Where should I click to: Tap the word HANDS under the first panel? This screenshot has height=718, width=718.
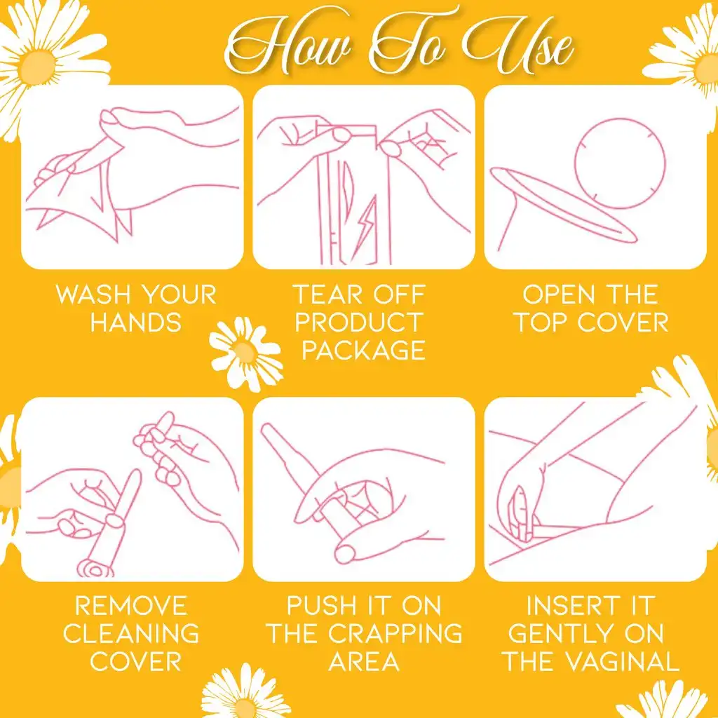[136, 323]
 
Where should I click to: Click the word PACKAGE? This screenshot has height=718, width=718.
[364, 351]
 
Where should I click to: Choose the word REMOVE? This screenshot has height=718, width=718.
[131, 606]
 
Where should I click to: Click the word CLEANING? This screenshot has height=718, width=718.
[131, 634]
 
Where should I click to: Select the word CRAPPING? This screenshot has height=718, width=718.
[395, 634]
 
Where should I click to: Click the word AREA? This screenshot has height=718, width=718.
[364, 662]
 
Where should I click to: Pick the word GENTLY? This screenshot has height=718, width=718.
[555, 634]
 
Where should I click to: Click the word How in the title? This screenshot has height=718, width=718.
[288, 43]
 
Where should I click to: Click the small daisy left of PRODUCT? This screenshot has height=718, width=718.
[246, 353]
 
